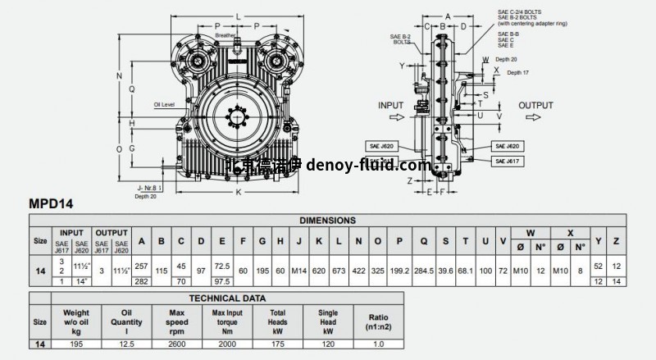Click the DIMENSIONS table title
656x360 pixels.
(327, 221)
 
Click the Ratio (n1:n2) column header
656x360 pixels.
(379, 318)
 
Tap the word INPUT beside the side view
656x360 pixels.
(392, 106)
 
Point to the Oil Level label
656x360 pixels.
(165, 105)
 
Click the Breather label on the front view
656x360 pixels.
(225, 36)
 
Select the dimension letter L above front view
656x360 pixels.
(238, 15)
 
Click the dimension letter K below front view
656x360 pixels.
(238, 191)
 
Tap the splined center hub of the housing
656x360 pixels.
(239, 117)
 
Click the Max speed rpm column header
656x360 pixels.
(175, 318)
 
